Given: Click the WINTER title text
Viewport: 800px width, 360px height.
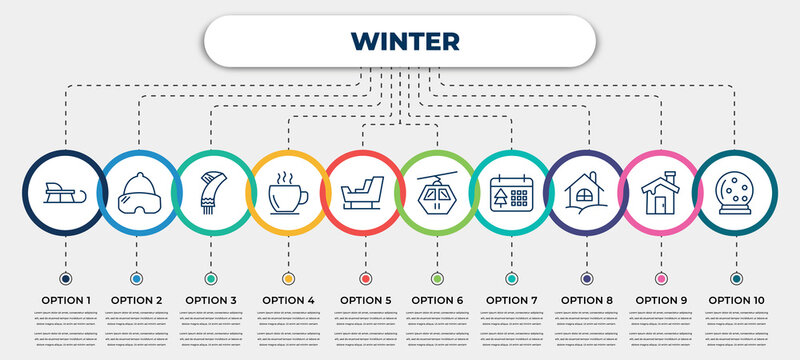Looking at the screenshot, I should [x=405, y=40].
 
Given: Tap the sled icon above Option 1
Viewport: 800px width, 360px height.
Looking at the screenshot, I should [x=65, y=192].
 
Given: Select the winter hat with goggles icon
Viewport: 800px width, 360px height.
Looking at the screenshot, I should [x=138, y=192].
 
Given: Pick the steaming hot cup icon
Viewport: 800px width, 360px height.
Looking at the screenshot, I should [x=288, y=192].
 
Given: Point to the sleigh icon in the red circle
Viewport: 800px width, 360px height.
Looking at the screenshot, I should [x=363, y=192].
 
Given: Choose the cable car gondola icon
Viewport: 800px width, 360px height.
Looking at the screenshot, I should [x=437, y=192].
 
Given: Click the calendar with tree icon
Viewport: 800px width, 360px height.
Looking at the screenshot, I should [x=511, y=192].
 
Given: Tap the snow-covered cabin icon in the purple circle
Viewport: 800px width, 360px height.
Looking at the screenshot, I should [x=585, y=192].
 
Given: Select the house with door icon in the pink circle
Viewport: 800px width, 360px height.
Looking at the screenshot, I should [x=660, y=192].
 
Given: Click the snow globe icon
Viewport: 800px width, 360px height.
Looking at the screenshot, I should [x=735, y=192].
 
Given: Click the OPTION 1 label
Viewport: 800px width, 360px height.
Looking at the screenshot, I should [x=65, y=299].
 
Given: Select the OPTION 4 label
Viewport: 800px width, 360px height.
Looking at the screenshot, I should [x=288, y=299].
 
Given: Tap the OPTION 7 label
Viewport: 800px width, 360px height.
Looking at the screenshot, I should [x=511, y=299].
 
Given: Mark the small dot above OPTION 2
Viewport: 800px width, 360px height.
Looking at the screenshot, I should [x=136, y=277].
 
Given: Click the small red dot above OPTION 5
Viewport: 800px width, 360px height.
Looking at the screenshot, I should [x=363, y=277].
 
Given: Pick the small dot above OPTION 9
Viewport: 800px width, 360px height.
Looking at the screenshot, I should [x=660, y=277].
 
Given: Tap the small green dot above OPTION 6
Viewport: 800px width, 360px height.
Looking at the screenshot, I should [x=437, y=277].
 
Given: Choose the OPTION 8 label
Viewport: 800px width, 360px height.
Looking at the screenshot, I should [x=586, y=299].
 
